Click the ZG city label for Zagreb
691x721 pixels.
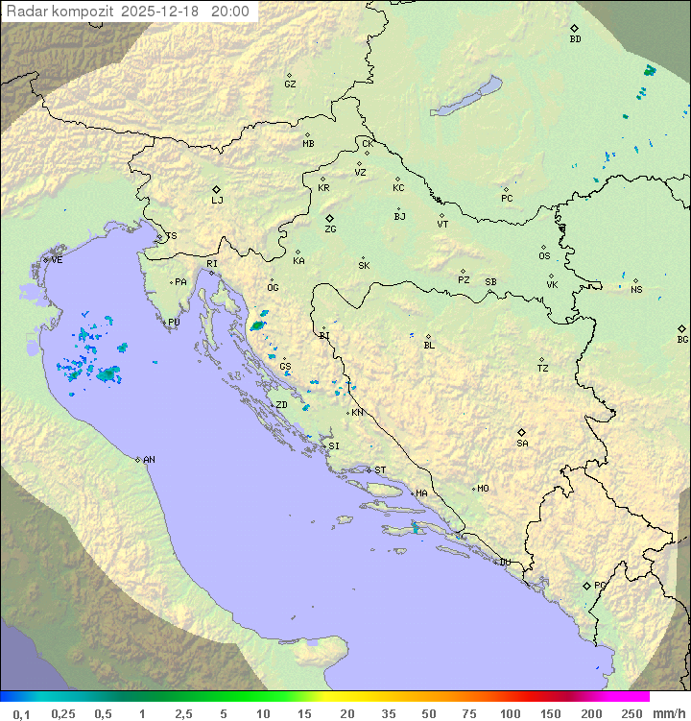[x=330, y=229]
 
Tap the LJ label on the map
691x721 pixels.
[x=217, y=201]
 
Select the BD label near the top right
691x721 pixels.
[x=575, y=39]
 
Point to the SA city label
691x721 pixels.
[x=522, y=443]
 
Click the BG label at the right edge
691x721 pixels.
[x=682, y=339]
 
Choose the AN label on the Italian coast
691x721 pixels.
[x=149, y=460]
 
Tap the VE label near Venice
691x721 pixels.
[x=57, y=260]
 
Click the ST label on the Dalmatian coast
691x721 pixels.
[x=380, y=470]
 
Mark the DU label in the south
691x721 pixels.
[x=504, y=563]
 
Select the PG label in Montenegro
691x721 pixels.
[x=600, y=585]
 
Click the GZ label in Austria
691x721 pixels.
[x=290, y=84]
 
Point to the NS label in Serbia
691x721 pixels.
[x=636, y=289]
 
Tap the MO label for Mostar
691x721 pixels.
[x=483, y=489]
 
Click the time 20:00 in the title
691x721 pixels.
[x=229, y=12]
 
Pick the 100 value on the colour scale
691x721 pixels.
[x=511, y=713]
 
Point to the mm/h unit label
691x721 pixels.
[x=665, y=713]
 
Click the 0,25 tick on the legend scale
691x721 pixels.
[x=63, y=713]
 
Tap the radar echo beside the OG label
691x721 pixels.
[x=258, y=325]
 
